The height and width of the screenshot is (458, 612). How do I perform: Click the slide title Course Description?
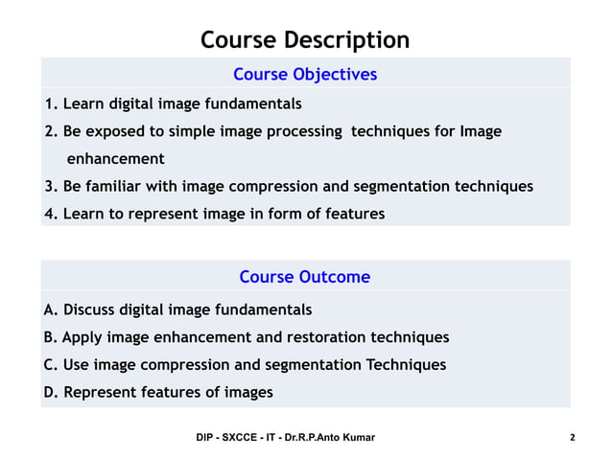[x=305, y=40]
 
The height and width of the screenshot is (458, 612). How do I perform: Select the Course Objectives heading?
[x=305, y=75]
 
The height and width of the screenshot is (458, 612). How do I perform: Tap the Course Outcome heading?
[x=304, y=278]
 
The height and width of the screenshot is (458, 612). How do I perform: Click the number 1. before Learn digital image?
[x=51, y=103]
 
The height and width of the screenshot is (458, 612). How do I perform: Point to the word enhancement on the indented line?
[x=115, y=159]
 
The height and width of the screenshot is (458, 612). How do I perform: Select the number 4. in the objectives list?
[x=51, y=214]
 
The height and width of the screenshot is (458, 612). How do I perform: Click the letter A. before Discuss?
[x=51, y=310]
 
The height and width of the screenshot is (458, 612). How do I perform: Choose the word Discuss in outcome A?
[x=92, y=310]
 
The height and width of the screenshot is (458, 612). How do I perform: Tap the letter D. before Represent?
[x=51, y=392]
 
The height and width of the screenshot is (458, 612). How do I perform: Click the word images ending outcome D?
[x=248, y=392]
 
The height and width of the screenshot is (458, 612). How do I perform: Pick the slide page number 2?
[x=572, y=438]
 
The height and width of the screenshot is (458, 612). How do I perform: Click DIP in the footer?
[x=205, y=438]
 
